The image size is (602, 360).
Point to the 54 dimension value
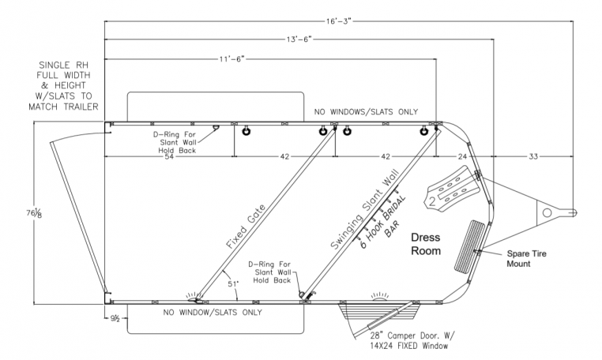[x=168, y=157]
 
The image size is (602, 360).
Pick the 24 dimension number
[x=462, y=157]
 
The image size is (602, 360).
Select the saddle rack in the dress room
[x=453, y=188]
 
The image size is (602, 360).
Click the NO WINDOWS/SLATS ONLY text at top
[x=365, y=112]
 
